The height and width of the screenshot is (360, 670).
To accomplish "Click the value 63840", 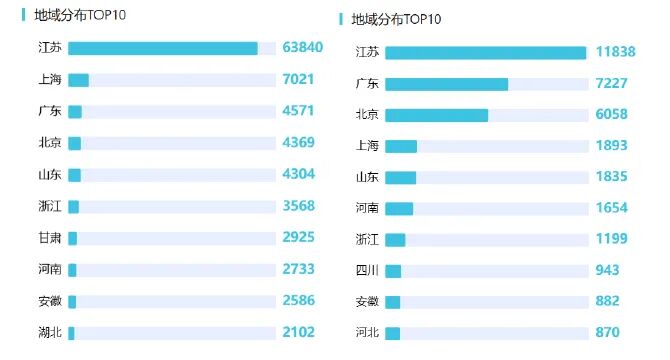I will tap(303, 48).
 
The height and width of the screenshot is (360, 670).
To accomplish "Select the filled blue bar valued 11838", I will tap(485, 53).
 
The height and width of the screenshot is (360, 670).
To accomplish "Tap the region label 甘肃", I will tap(50, 238).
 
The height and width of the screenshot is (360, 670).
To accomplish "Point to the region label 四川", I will tap(367, 271).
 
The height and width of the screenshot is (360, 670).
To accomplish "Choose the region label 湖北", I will tap(50, 333).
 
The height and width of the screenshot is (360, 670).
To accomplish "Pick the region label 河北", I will tap(367, 333).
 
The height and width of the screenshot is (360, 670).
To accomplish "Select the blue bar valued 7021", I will tap(78, 80).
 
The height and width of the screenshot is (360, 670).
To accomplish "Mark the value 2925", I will tap(298, 238).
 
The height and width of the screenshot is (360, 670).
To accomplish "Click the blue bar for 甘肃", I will tap(73, 238).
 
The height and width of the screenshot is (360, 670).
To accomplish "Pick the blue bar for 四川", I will tap(393, 271).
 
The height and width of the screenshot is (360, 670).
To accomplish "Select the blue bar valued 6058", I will tap(436, 115).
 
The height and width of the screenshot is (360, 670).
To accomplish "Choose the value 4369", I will tap(298, 143).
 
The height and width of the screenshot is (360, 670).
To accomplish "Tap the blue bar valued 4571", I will tap(75, 111).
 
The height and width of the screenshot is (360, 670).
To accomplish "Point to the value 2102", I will tap(298, 333).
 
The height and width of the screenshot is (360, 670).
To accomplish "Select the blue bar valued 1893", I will tap(401, 146).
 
